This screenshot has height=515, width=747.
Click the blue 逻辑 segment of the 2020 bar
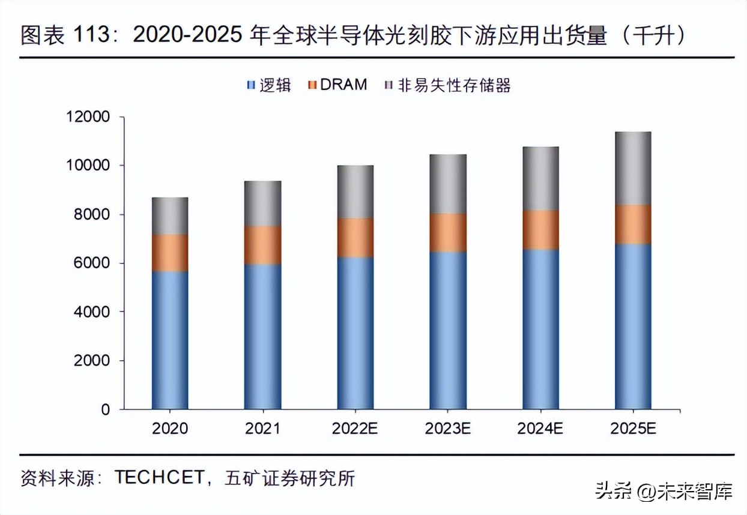click(170, 340)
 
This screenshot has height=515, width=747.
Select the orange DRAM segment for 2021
click(262, 245)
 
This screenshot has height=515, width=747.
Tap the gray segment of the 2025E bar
click(633, 168)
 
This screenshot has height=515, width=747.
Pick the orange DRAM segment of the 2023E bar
click(448, 232)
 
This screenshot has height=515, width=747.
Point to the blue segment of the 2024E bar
click(540, 329)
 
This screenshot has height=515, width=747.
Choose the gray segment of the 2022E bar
click(355, 191)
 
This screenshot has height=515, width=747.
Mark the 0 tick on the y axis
click(106, 409)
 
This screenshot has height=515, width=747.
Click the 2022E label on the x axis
click(355, 429)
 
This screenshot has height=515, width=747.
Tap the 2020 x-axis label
click(170, 429)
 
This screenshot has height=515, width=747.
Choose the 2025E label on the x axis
click(633, 429)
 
